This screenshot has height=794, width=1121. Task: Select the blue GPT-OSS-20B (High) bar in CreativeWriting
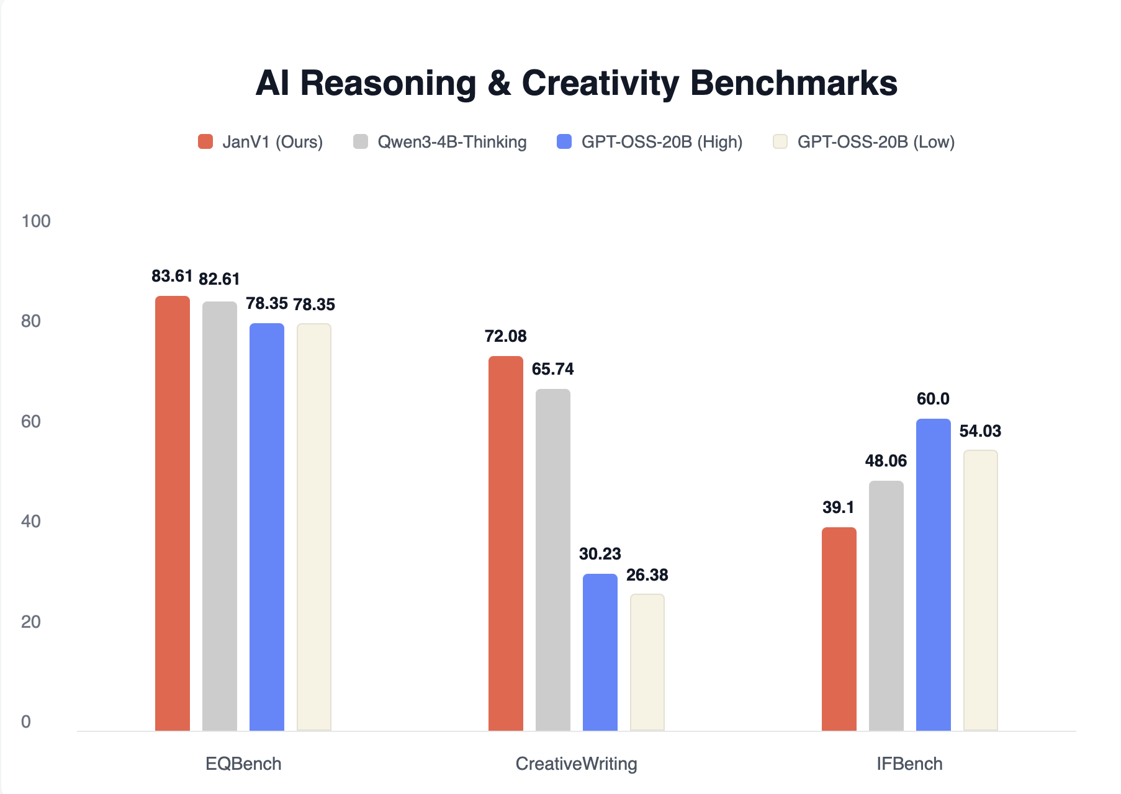pos(600,653)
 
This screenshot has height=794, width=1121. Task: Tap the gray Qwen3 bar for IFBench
pos(886,606)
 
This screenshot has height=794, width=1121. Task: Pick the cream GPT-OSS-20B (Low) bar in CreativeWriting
pos(647,662)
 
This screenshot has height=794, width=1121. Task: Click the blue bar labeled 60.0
pos(933,575)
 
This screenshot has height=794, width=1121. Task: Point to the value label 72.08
pos(505,336)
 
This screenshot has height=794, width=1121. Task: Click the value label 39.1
pos(838,507)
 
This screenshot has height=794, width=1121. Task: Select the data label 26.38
pos(647,575)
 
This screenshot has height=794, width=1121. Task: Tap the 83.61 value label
pos(172,276)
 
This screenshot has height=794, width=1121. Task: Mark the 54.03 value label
pos(980,431)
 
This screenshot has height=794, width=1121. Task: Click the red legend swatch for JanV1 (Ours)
pos(205,141)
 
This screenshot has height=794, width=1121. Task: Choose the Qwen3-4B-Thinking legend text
pos(452,142)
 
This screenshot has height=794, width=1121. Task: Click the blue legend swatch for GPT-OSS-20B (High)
pos(564,141)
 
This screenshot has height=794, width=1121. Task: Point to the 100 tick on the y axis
pos(36,221)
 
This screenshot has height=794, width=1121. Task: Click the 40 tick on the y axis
pos(31,521)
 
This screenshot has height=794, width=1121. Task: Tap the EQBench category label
pos(243,764)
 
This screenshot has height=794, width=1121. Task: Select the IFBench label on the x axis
pos(909,764)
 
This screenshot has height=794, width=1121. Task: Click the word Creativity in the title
pos(600,83)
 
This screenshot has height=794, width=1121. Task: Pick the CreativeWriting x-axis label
pos(576,764)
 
